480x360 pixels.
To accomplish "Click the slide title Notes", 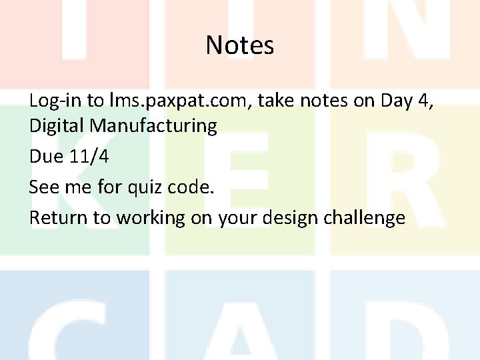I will tap(240, 45).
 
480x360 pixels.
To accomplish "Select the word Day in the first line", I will tap(399, 101).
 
